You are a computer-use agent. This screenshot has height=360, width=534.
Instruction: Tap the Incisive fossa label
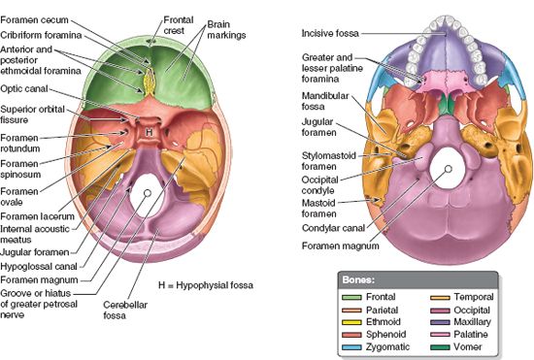click(330, 33)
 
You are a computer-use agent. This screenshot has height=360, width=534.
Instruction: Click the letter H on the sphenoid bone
click(148, 131)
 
